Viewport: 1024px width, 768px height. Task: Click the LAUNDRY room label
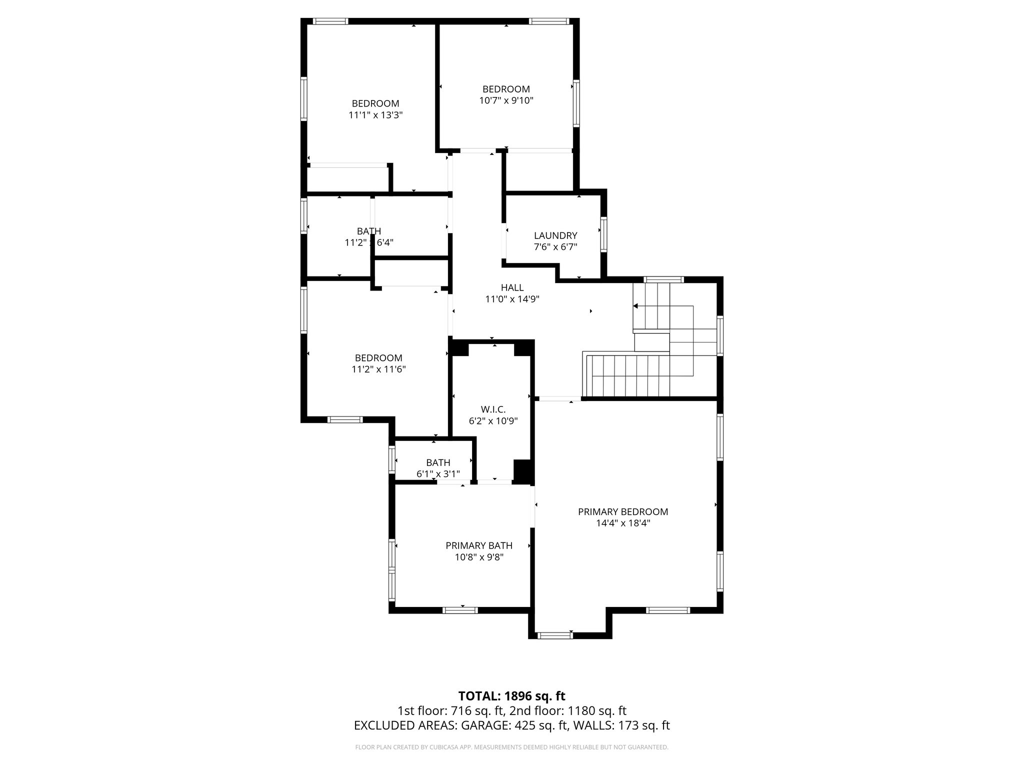point(555,235)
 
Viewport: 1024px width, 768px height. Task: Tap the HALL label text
point(512,287)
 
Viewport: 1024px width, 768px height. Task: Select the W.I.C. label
point(493,409)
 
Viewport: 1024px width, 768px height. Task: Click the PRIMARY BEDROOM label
point(622,511)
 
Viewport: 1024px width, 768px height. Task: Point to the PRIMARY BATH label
point(478,545)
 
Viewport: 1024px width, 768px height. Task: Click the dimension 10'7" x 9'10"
point(506,100)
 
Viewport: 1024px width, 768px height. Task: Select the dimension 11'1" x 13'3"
point(375,115)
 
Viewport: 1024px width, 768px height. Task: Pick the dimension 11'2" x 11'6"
point(378,369)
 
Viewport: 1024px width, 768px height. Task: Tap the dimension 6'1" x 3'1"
point(438,474)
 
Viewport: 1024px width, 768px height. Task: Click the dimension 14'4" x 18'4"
point(622,523)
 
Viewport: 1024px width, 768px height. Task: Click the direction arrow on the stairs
point(636,306)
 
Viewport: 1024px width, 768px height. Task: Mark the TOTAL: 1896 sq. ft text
point(511,696)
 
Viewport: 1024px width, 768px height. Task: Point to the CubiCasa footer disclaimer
point(511,747)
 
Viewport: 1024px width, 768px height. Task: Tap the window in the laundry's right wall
point(603,234)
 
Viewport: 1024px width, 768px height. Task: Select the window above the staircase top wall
point(663,279)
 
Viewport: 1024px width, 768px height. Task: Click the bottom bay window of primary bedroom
point(555,635)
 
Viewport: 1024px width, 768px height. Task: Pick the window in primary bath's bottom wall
point(460,610)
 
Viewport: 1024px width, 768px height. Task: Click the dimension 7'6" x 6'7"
point(555,247)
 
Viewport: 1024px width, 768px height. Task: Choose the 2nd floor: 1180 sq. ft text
point(568,711)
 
